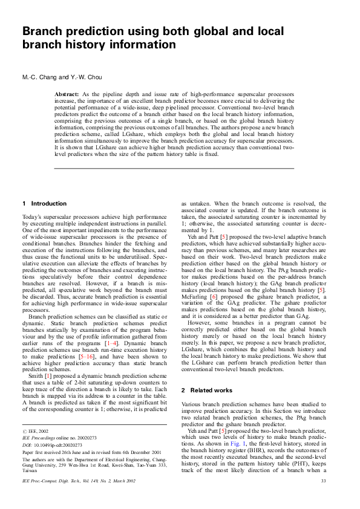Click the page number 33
click(323, 497)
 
